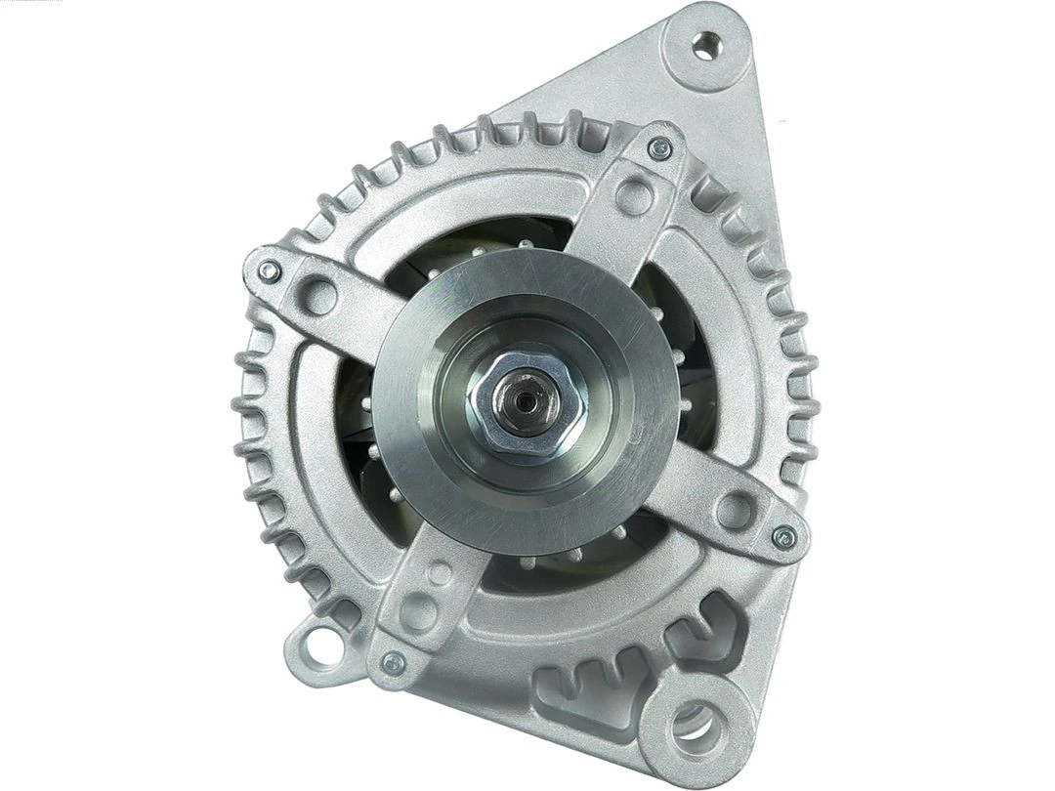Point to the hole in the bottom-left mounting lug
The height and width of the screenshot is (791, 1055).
pos(312,644)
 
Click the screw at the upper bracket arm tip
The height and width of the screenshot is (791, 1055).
pos(661,148)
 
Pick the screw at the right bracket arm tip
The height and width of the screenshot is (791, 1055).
pos(782,534)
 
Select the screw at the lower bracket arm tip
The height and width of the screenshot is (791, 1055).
pos(393,661)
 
